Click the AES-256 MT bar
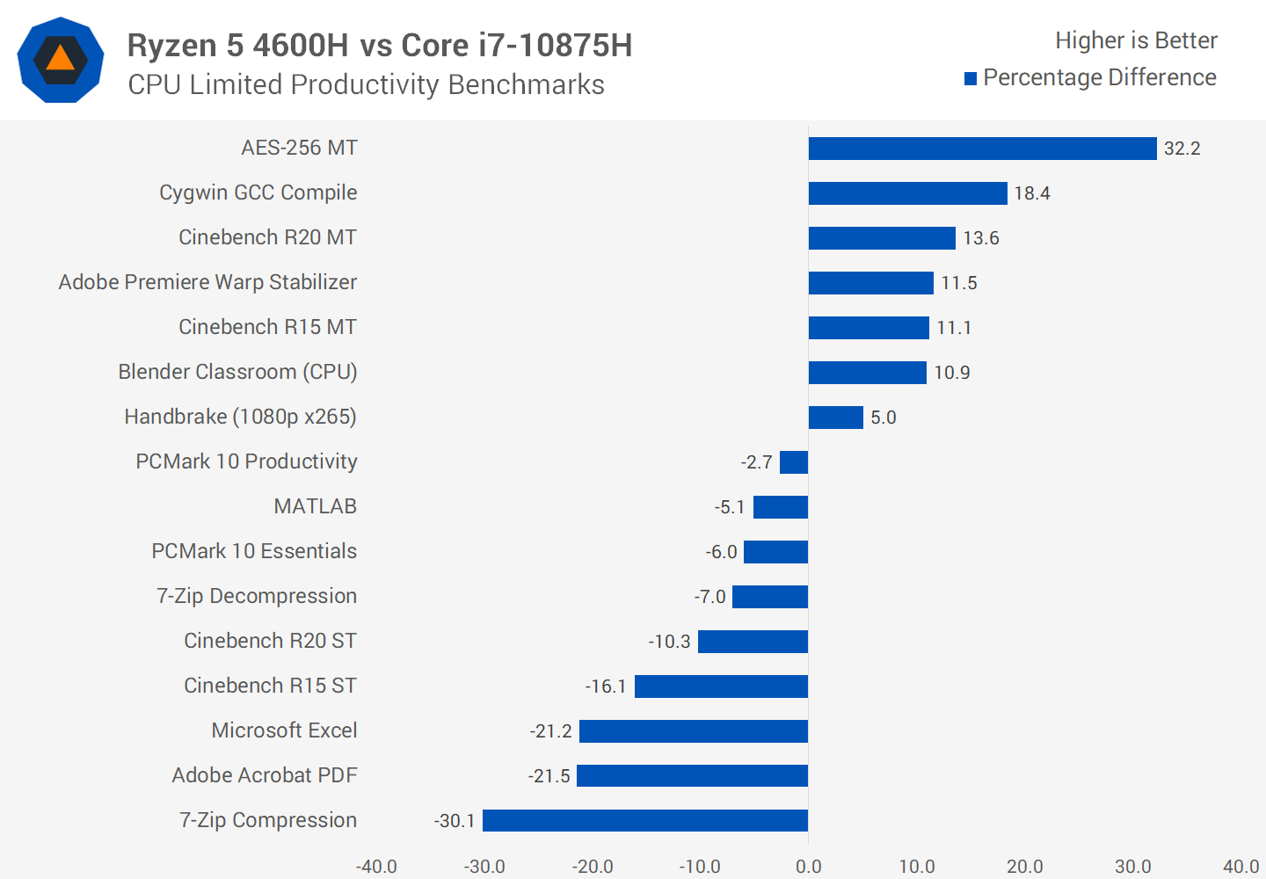(982, 149)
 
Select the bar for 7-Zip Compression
(645, 821)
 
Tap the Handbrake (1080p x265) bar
(835, 418)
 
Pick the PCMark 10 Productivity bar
(794, 462)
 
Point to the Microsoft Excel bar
(694, 731)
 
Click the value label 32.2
(1182, 149)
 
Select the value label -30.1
(455, 821)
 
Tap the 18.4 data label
(1031, 193)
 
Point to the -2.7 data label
(756, 462)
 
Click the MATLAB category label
(315, 506)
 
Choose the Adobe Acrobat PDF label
(264, 775)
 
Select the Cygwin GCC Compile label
(258, 193)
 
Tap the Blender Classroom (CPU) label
(237, 372)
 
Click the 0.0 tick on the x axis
(808, 867)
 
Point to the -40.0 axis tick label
(376, 867)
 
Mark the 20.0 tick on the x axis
(1025, 867)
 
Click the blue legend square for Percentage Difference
(971, 79)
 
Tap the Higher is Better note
(1136, 40)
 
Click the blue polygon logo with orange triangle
(61, 60)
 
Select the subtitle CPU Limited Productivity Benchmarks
(366, 85)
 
